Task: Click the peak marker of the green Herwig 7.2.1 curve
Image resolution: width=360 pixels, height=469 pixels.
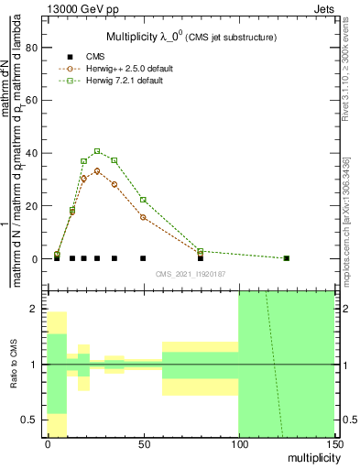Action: coord(97,151)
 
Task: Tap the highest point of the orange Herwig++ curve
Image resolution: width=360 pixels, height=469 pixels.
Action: coord(97,170)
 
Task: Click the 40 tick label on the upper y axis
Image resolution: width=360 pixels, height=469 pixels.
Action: coord(34,152)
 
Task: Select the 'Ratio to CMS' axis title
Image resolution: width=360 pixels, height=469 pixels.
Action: coord(14,365)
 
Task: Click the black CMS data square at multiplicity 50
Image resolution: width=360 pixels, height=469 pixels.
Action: coord(143,258)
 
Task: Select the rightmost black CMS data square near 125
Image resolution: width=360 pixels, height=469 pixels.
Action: coord(287,258)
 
